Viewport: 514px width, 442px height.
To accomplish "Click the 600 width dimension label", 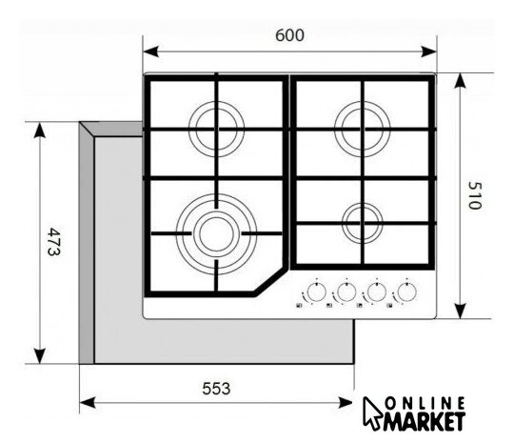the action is [x=289, y=35].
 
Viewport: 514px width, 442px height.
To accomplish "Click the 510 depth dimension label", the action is [x=475, y=195].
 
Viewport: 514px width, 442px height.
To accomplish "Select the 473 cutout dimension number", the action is [x=53, y=242].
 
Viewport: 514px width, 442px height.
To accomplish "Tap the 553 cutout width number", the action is [x=216, y=389].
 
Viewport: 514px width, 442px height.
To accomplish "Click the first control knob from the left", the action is [x=317, y=291].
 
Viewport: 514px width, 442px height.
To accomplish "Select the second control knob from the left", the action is [x=346, y=291].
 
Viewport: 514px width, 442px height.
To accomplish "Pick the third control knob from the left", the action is [x=377, y=291].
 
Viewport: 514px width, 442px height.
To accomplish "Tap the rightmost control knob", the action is [x=406, y=291].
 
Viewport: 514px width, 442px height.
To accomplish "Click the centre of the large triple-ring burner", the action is [x=216, y=234].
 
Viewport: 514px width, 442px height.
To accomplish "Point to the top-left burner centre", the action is [x=216, y=129].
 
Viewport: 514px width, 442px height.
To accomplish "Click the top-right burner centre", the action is [x=363, y=129].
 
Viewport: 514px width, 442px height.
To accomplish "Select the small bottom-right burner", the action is [x=363, y=223].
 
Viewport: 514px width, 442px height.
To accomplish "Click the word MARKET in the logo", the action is [x=425, y=421].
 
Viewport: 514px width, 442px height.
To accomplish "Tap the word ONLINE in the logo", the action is [x=425, y=403].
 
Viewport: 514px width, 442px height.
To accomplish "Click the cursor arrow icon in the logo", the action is [x=372, y=412].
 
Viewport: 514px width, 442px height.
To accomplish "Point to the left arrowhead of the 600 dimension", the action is [x=151, y=51].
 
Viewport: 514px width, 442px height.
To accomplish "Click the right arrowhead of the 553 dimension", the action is [x=346, y=403].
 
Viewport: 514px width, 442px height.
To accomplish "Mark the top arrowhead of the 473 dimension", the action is [x=40, y=131].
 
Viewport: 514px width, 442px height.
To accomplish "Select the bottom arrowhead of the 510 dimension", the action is [x=461, y=311].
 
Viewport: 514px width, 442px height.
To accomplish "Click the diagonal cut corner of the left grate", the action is [x=270, y=282].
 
